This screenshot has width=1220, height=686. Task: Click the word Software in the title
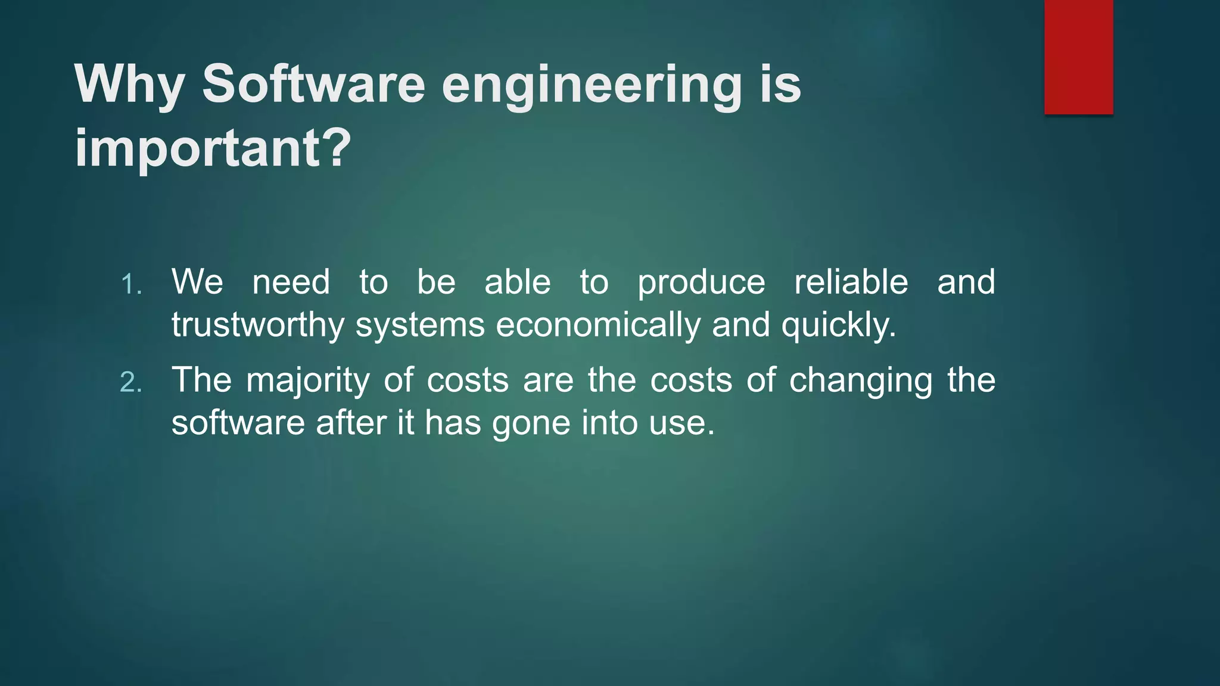tap(313, 84)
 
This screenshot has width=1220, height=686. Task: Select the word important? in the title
tap(213, 149)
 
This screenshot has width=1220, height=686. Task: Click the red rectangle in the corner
tap(1078, 57)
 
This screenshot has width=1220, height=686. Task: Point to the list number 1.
tap(130, 285)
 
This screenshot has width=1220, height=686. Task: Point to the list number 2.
tap(130, 383)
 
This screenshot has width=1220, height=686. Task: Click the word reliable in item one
tap(851, 282)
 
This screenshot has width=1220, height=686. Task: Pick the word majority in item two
tap(307, 381)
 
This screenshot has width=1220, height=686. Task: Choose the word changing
tap(860, 381)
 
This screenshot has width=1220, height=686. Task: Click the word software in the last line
tap(238, 423)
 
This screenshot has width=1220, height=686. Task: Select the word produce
tap(701, 283)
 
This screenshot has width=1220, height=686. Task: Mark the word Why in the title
tap(129, 85)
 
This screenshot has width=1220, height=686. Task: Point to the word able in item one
tap(517, 282)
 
